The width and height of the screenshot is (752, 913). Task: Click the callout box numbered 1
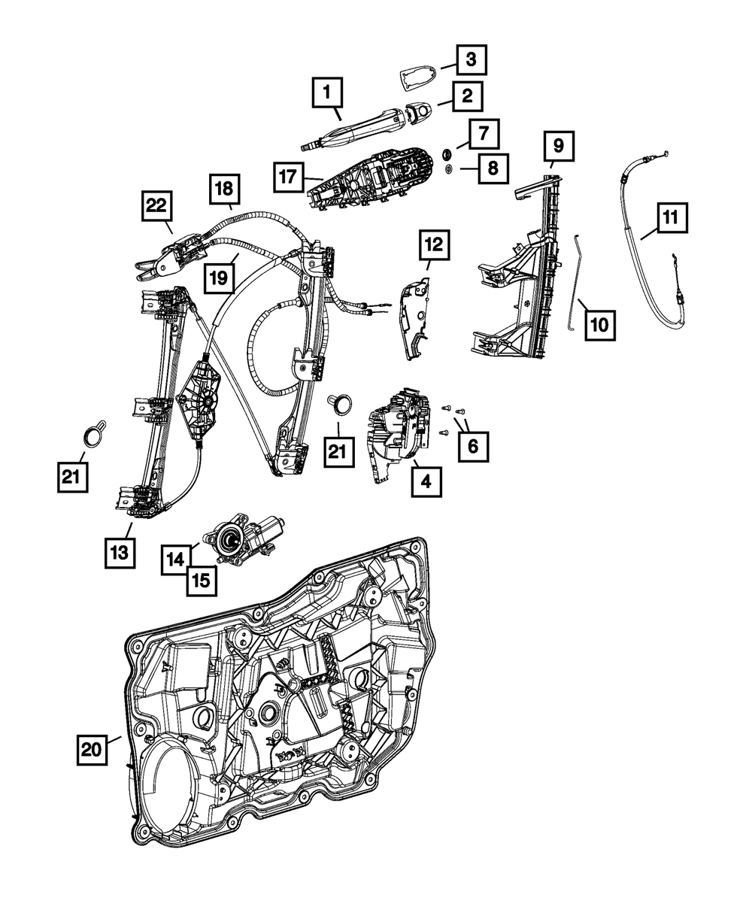326,94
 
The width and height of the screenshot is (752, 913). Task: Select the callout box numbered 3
470,58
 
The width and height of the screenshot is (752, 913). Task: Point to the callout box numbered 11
671,218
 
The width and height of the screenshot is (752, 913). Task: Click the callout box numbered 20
91,749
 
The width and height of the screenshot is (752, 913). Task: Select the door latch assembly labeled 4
399,432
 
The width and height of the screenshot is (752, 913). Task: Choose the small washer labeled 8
447,169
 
